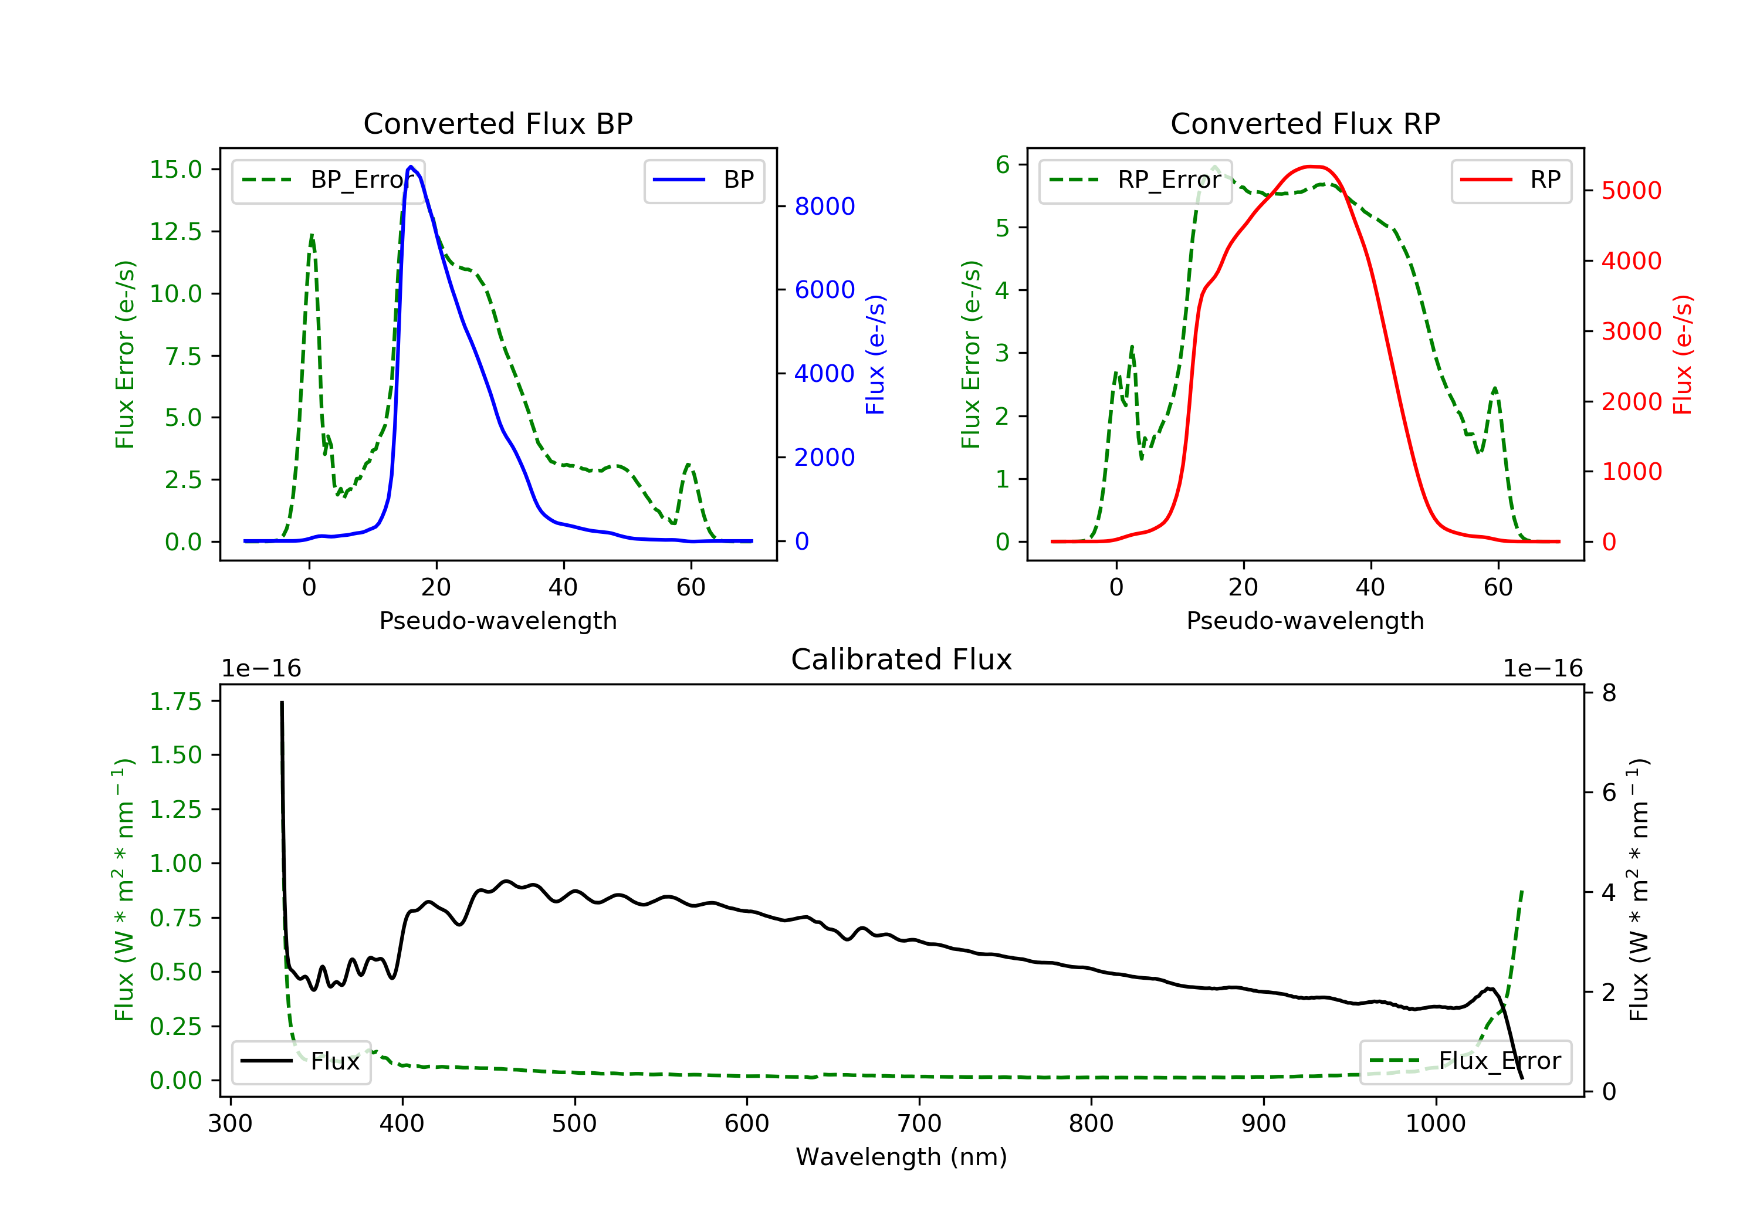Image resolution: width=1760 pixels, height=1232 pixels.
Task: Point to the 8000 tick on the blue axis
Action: pyautogui.click(x=824, y=207)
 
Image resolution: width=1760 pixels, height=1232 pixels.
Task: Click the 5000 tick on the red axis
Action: pyautogui.click(x=1631, y=191)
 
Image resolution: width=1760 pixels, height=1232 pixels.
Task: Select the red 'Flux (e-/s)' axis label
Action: pyautogui.click(x=1682, y=354)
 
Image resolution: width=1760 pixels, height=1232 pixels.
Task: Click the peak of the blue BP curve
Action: pyautogui.click(x=411, y=167)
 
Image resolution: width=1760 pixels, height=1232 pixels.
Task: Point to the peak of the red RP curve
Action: pyautogui.click(x=1312, y=167)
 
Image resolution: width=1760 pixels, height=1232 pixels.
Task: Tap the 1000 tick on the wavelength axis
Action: pyautogui.click(x=1435, y=1124)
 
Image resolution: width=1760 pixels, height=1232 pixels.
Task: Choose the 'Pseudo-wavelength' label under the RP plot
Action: pyautogui.click(x=1305, y=621)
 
